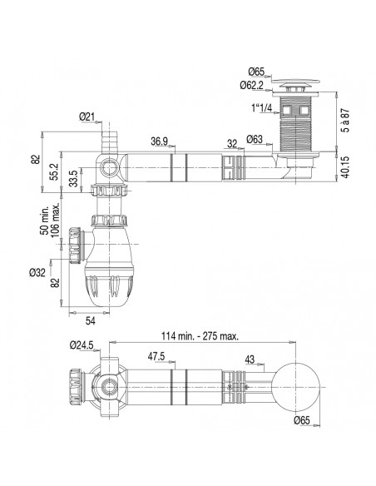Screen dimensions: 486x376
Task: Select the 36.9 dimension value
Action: [161, 141]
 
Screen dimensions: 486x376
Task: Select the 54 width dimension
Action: [90, 320]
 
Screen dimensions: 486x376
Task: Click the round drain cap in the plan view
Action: [296, 387]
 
